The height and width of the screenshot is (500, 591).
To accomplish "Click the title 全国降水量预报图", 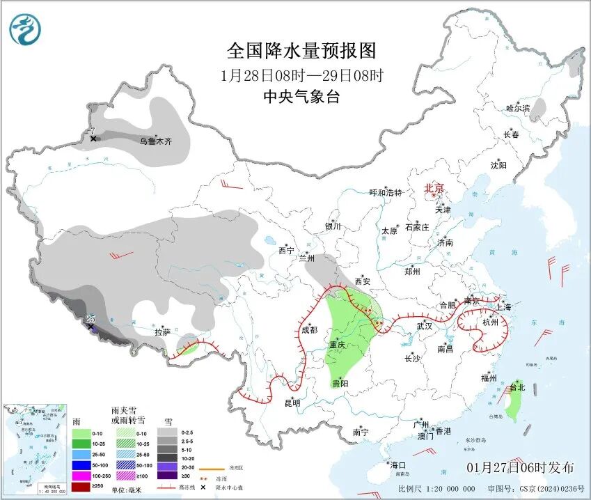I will pyautogui.click(x=301, y=51).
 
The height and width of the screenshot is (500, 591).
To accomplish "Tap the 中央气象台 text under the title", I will pyautogui.click(x=301, y=97).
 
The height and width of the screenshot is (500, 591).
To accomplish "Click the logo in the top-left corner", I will pyautogui.click(x=26, y=29).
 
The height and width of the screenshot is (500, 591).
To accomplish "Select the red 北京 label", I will pyautogui.click(x=434, y=188).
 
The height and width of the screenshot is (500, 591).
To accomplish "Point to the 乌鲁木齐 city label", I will pyautogui.click(x=155, y=141).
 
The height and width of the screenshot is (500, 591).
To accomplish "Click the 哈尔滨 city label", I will pyautogui.click(x=518, y=109).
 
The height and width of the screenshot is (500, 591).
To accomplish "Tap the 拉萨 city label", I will pyautogui.click(x=162, y=333).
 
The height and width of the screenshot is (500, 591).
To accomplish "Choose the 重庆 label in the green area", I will pyautogui.click(x=338, y=345).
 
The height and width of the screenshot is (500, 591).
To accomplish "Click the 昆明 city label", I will pyautogui.click(x=292, y=403).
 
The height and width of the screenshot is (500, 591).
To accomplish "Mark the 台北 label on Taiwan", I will pyautogui.click(x=517, y=387).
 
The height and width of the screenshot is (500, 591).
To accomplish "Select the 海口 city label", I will pyautogui.click(x=397, y=464).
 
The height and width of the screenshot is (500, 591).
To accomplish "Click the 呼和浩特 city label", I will pyautogui.click(x=386, y=193).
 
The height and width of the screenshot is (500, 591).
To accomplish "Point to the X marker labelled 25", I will pyautogui.click(x=90, y=326).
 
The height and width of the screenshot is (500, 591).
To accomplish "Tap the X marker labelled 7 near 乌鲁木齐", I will pyautogui.click(x=93, y=139).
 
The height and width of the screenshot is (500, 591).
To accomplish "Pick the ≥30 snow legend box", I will pyautogui.click(x=166, y=475).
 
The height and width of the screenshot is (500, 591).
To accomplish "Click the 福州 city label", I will pyautogui.click(x=488, y=378).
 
